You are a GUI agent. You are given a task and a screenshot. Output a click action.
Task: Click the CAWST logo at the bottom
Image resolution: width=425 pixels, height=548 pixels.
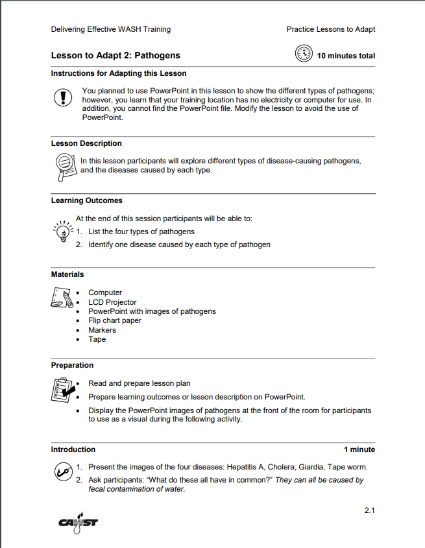click(79, 522)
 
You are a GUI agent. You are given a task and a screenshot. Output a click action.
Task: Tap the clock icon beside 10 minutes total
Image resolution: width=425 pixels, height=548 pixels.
click(303, 54)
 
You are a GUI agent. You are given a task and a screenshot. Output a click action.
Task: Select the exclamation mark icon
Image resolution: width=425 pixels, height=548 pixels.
click(62, 98)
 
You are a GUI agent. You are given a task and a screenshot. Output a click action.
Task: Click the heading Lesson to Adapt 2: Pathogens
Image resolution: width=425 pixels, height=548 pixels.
click(115, 56)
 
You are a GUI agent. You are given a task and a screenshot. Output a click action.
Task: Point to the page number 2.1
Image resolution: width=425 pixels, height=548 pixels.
click(369, 510)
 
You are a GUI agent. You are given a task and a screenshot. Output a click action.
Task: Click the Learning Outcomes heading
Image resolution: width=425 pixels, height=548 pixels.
click(86, 200)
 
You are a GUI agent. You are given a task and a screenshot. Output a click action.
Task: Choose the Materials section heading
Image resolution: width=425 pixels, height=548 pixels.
click(67, 274)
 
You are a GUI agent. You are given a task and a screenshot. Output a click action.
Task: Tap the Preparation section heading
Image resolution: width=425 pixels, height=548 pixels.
click(72, 365)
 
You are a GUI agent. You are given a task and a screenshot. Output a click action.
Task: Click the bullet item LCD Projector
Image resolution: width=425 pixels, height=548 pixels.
click(112, 302)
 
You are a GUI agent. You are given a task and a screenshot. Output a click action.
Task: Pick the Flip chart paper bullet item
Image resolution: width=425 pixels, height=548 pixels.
click(114, 320)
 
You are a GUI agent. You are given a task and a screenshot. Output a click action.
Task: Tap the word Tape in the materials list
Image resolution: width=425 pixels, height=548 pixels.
click(97, 339)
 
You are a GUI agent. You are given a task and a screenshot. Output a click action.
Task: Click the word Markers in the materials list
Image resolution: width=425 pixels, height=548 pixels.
click(102, 330)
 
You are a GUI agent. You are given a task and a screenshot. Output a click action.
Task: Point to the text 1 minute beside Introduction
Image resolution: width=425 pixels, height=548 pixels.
click(359, 449)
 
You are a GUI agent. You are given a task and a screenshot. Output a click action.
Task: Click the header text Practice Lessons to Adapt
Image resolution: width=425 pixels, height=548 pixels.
click(330, 29)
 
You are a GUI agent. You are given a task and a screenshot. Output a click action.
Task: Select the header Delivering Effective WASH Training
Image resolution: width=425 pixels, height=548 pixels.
click(110, 29)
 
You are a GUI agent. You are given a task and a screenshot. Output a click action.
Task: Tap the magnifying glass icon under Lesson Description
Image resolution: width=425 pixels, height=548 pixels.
click(64, 165)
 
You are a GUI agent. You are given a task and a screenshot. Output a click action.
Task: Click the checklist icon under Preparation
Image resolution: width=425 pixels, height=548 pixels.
click(62, 389)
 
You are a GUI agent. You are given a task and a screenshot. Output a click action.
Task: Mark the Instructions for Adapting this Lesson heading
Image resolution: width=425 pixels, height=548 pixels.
click(118, 73)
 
